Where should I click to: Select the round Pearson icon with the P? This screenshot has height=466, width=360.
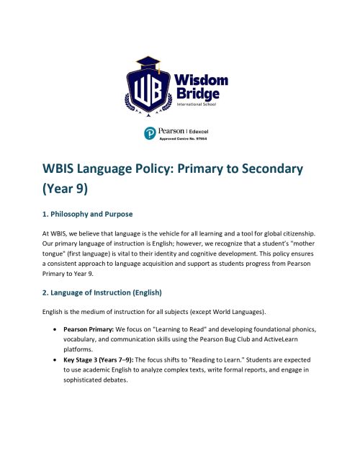150,133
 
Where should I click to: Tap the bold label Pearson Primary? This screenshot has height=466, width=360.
92,328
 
